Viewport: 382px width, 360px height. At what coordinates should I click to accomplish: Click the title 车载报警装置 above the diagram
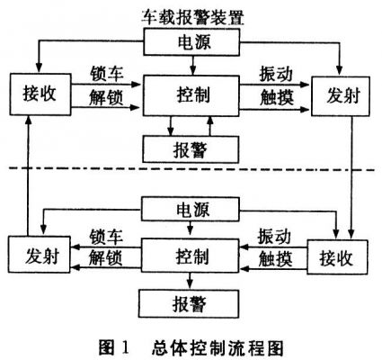(192, 17)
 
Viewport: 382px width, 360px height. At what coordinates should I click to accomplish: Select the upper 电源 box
(191, 42)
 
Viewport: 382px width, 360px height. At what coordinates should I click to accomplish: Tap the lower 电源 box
(191, 209)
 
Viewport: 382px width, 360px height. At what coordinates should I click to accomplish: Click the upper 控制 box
(191, 95)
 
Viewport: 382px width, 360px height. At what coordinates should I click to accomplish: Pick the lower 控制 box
(190, 256)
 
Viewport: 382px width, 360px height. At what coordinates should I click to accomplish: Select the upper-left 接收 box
(40, 94)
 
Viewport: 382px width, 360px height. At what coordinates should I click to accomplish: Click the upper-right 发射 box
(341, 96)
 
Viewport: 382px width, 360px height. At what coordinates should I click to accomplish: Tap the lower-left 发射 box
(40, 255)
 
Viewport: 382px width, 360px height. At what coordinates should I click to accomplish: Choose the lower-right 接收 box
(337, 256)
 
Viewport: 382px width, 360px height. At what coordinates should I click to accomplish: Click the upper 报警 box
(191, 149)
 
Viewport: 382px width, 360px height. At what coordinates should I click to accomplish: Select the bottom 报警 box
(189, 303)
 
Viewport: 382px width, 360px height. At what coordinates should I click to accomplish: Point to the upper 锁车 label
(107, 74)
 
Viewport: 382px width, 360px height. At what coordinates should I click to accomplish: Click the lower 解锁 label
(106, 258)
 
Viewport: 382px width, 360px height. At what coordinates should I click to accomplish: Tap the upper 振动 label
(276, 74)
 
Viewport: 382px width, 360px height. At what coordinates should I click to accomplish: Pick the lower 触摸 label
(275, 259)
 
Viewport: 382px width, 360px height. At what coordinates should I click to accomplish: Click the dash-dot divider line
(191, 169)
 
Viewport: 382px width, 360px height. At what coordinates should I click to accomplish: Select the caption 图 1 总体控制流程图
(191, 348)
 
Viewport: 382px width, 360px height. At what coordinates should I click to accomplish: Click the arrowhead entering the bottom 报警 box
(190, 284)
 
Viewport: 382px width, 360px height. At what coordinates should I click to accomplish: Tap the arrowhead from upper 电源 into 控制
(192, 71)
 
